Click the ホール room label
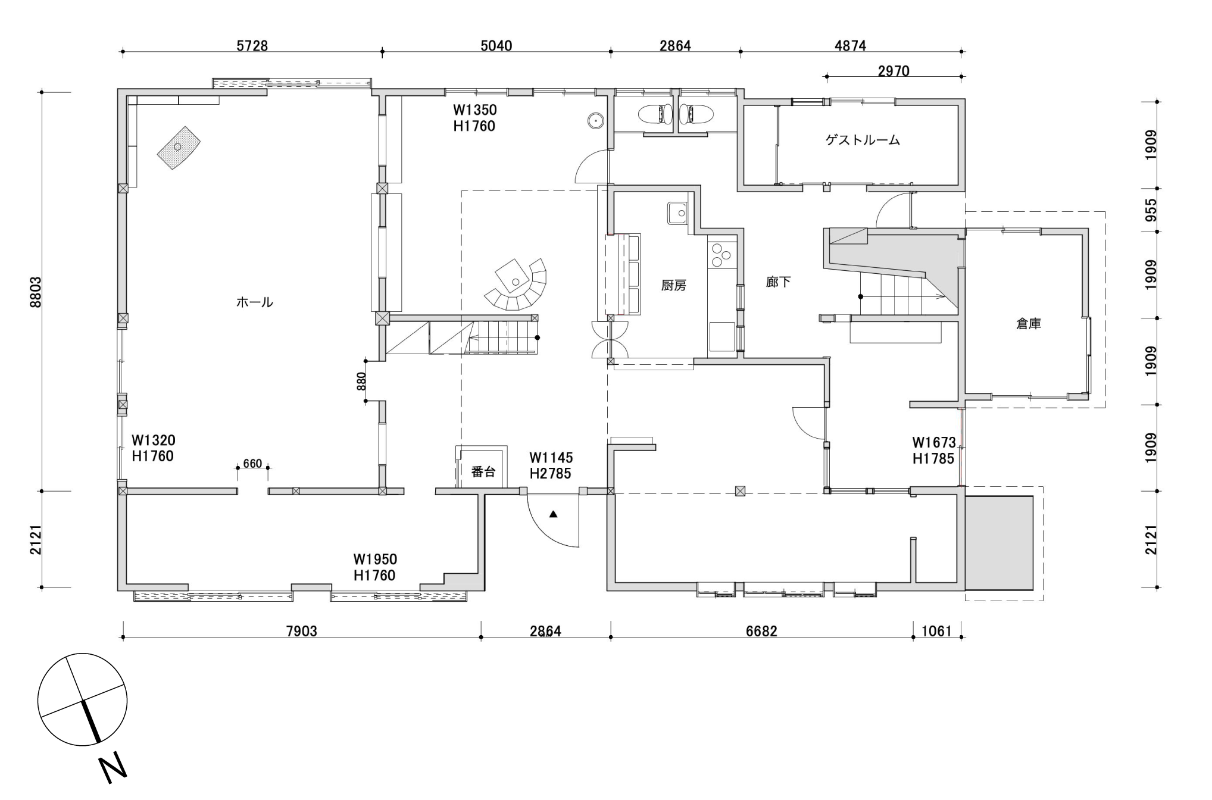coord(255,302)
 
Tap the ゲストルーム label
coord(863,140)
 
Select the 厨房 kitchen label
coord(674,286)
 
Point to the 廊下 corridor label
coord(779,282)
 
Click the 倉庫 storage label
coord(1029,324)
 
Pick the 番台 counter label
coord(483,472)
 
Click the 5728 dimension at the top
coord(252,46)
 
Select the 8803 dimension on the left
coord(36,292)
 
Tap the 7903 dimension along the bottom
coord(302,631)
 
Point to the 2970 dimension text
coord(894,71)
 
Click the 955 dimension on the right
coord(1151,210)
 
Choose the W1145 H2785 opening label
coord(551,465)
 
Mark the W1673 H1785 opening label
coord(934,451)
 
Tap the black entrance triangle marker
coord(554,514)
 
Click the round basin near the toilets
coord(595,121)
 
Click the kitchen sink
coord(677,213)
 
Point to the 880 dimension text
coord(361,381)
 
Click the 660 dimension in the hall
coord(252,463)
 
